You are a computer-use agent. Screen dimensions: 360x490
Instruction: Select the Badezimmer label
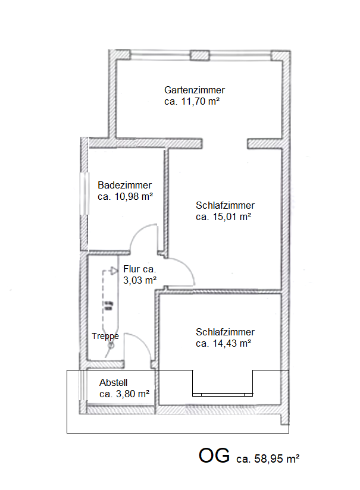click(124, 185)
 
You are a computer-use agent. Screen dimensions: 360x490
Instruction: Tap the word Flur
click(132, 269)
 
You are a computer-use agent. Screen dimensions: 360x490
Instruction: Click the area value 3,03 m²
click(140, 279)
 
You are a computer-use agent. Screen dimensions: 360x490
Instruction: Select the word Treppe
click(105, 336)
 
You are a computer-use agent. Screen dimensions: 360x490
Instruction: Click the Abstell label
click(114, 382)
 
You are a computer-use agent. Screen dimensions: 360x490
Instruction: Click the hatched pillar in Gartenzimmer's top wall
click(200, 56)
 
